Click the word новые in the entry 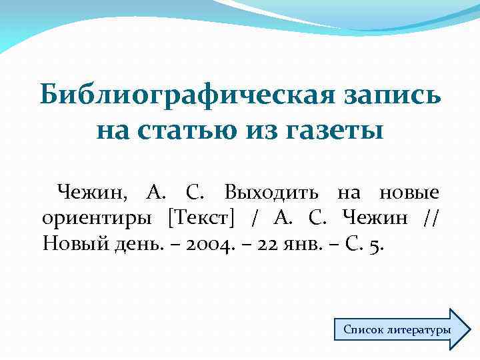409,193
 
